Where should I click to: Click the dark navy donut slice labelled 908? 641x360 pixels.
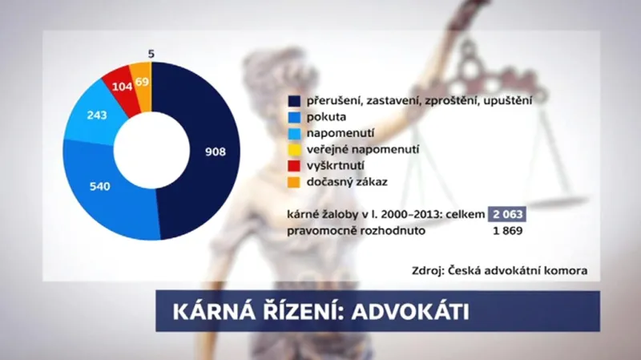pyautogui.click(x=214, y=151)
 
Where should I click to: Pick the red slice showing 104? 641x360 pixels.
pyautogui.click(x=121, y=83)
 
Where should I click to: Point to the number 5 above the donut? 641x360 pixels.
pyautogui.click(x=151, y=54)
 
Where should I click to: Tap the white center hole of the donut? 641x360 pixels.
pyautogui.click(x=151, y=151)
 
